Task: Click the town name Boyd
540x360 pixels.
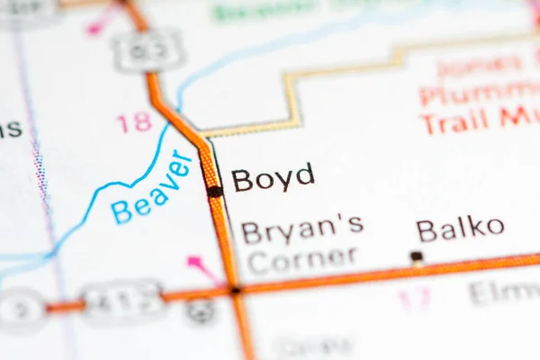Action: click(273, 177)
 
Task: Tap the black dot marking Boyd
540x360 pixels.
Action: click(215, 191)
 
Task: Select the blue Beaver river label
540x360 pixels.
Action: click(152, 188)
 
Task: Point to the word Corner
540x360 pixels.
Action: click(301, 260)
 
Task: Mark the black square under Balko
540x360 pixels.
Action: click(417, 256)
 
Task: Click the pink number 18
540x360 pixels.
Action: click(134, 122)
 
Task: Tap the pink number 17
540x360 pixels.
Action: click(415, 298)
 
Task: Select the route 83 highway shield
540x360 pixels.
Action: click(148, 50)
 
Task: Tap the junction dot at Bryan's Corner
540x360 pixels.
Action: click(235, 290)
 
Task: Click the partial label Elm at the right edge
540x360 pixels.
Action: click(504, 292)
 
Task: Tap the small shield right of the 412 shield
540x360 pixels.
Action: click(202, 310)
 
